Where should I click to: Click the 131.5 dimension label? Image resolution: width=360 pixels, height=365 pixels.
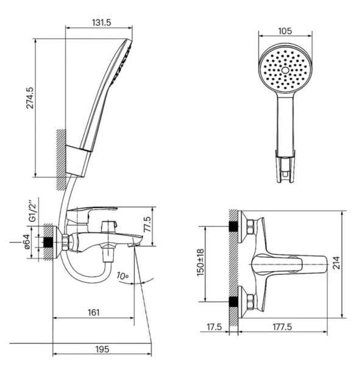click(102, 23)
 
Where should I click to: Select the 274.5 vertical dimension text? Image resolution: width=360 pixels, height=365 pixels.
click(30, 98)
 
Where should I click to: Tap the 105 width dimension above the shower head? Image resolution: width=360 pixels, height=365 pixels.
click(285, 31)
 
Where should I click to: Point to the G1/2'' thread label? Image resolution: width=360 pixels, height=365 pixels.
click(32, 210)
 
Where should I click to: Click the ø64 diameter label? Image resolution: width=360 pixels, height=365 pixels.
click(26, 242)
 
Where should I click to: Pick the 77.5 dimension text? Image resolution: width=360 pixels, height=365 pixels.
click(147, 224)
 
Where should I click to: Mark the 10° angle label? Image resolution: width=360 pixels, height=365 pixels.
click(123, 276)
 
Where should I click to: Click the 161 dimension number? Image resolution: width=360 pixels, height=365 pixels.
click(93, 313)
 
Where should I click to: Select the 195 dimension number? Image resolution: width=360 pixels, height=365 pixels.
click(102, 349)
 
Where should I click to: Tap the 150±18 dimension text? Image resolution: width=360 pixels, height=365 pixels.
click(200, 262)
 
